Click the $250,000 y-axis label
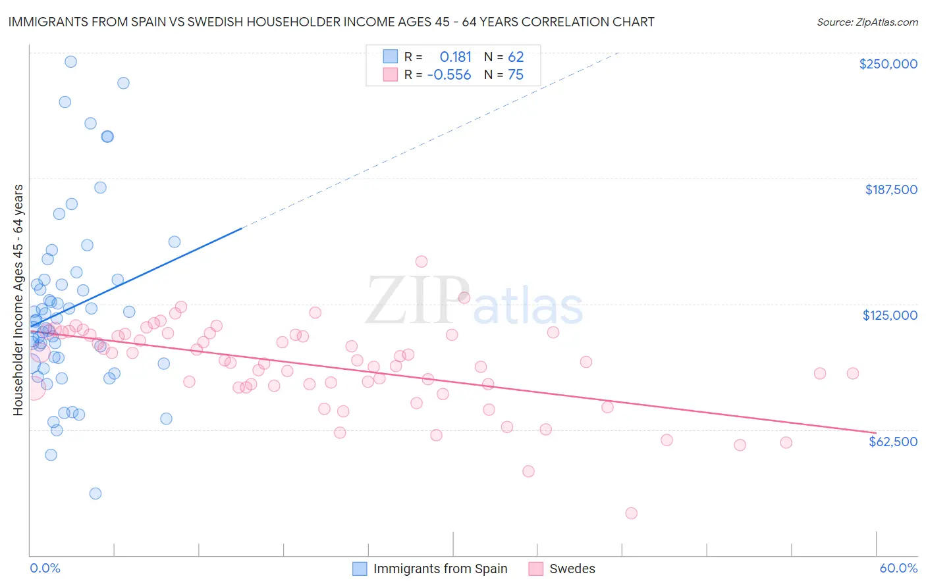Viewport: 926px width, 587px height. click(x=888, y=64)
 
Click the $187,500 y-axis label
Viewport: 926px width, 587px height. click(x=890, y=190)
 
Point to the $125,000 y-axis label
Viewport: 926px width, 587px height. click(x=890, y=315)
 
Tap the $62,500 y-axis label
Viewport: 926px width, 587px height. click(x=892, y=441)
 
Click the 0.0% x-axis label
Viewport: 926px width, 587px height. click(x=45, y=568)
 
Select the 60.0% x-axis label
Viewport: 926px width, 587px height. click(x=898, y=568)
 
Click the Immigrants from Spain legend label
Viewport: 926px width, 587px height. click(x=440, y=569)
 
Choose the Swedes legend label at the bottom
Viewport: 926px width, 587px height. click(x=572, y=569)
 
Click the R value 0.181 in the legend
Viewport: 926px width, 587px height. click(x=456, y=57)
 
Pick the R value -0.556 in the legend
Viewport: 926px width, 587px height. click(x=449, y=75)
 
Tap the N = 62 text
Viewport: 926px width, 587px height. click(x=504, y=57)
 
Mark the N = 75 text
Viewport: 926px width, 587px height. click(x=504, y=75)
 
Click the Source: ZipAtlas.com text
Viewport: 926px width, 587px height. click(x=867, y=22)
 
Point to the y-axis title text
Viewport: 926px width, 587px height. click(x=18, y=300)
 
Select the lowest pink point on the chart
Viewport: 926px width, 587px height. click(x=631, y=513)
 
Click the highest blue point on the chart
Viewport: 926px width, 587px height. click(x=70, y=62)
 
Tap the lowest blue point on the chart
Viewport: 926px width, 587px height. click(x=95, y=494)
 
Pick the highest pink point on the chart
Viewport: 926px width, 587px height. click(x=422, y=261)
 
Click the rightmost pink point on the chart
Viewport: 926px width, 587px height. click(x=853, y=373)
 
